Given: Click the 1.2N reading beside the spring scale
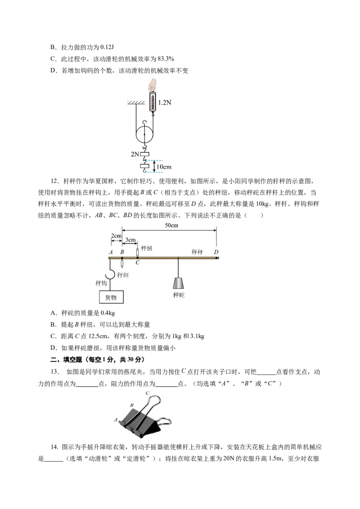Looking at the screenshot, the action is pos(164,103).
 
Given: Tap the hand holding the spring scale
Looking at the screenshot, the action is pos(153,85).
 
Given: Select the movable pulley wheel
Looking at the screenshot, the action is pos(144,134).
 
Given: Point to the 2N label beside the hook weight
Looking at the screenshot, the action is pos(135,154).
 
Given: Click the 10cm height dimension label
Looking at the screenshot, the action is pos(164,167).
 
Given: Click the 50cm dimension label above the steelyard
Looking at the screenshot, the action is pos(171,225).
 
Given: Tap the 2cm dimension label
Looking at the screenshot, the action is pos(116,236).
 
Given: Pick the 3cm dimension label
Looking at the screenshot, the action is pos(130,240).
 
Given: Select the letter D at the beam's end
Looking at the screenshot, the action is pos(216,252).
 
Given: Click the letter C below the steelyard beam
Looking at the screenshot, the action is pos(137,262).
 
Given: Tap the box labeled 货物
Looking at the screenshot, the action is pos(111,297).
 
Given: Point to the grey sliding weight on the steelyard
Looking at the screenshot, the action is pos(178,283).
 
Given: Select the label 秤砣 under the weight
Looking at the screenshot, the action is pos(179,295).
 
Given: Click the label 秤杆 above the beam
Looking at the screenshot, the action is pos(197,252).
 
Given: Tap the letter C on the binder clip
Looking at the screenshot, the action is pos(148,393).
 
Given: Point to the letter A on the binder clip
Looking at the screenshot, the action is pos(116,420).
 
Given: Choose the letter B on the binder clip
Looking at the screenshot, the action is pos(131,405).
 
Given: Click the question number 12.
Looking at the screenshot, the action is pos(54,181).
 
